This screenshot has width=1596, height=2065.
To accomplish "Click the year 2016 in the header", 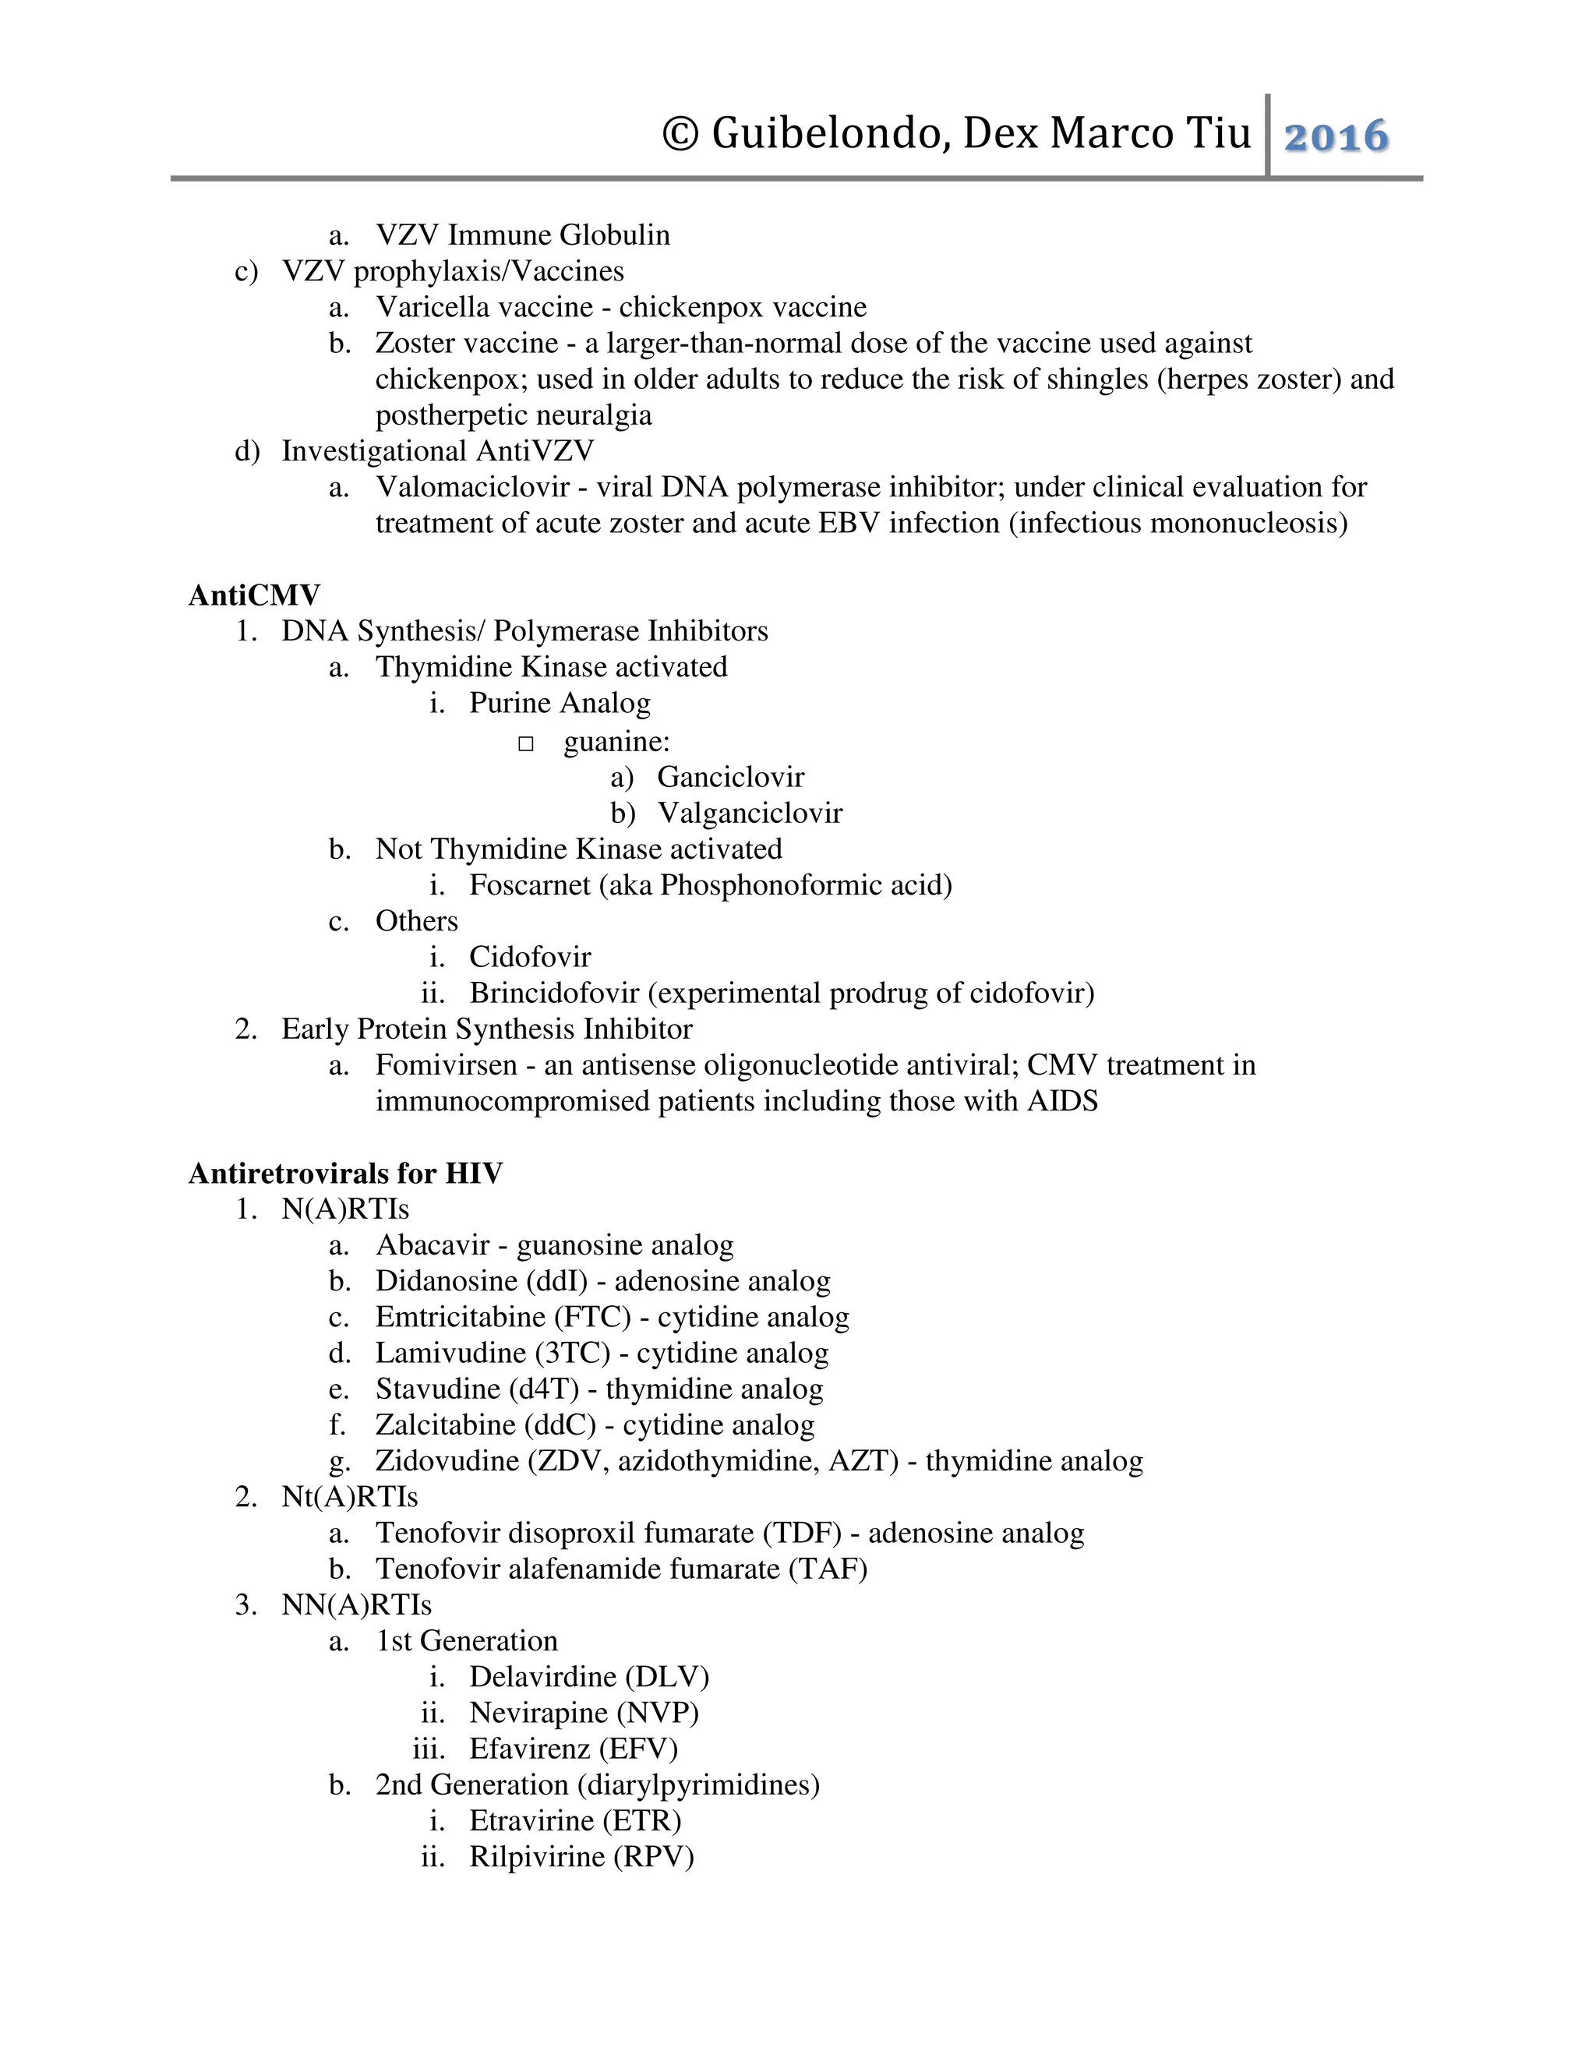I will tap(1336, 136).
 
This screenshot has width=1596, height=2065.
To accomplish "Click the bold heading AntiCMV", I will tap(254, 595).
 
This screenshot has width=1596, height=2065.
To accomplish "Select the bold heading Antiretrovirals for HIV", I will tap(345, 1174).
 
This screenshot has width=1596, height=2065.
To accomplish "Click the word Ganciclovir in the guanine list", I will tap(731, 777).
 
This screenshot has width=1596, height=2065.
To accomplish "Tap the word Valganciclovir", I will tap(750, 813).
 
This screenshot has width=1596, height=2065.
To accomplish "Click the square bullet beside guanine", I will tap(527, 744).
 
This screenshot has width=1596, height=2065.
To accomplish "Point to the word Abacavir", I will tap(432, 1245).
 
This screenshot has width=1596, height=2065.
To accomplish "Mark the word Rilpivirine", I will tap(537, 1856).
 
